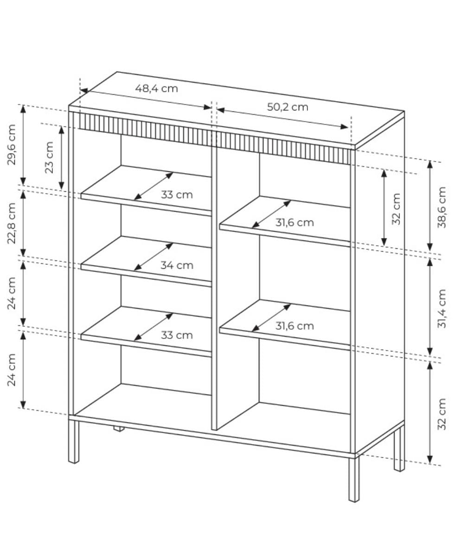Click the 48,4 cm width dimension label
(x=156, y=89)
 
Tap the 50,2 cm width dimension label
(x=288, y=107)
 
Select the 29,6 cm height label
(x=12, y=144)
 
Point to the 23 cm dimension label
(x=49, y=157)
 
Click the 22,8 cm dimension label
(x=12, y=224)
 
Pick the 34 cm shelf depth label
(x=177, y=266)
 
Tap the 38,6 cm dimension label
(x=442, y=207)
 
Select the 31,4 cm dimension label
(x=442, y=308)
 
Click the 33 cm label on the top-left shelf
(x=177, y=195)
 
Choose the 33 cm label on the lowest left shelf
(x=177, y=335)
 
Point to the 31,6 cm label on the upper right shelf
(x=295, y=223)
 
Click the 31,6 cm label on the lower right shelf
(x=295, y=326)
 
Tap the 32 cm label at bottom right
(x=442, y=418)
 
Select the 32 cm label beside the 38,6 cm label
(x=396, y=209)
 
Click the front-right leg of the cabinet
(x=354, y=479)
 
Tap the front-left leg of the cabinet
(x=74, y=441)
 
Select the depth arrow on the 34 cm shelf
(x=154, y=257)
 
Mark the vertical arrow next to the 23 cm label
(x=62, y=158)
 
